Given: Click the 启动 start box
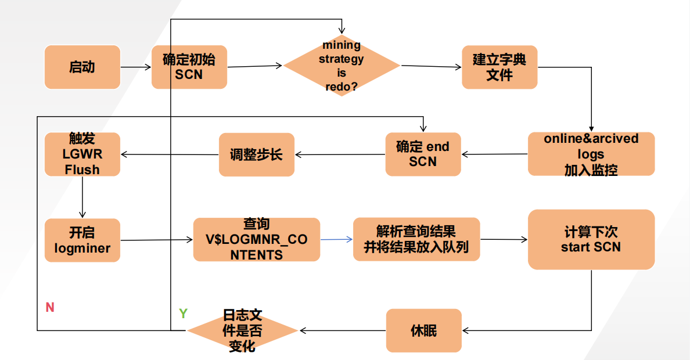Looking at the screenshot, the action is click(82, 67).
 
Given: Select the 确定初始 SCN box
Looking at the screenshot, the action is click(189, 67).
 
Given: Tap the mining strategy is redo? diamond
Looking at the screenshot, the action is click(342, 66).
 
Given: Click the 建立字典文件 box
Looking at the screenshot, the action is click(499, 67).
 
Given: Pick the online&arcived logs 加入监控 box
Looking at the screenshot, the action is click(591, 154).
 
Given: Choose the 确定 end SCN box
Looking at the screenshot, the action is click(423, 154).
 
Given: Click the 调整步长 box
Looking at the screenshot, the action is click(257, 154).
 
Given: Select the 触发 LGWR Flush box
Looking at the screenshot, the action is click(82, 154).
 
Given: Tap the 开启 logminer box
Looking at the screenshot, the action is click(82, 240).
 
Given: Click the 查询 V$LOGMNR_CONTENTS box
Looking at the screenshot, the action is click(257, 239).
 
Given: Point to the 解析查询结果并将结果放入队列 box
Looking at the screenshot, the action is click(416, 239).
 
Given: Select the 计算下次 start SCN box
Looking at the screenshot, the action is click(591, 239).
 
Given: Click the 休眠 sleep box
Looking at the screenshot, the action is click(424, 330).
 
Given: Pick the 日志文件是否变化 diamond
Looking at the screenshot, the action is click(242, 330).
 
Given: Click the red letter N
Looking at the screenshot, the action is click(50, 307).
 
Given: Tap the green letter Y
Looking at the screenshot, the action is click(184, 314).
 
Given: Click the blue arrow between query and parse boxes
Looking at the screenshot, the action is click(337, 239).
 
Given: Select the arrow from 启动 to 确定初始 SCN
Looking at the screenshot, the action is click(136, 67).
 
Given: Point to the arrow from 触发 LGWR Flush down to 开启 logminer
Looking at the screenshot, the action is click(82, 197).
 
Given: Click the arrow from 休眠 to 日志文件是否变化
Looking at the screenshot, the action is click(343, 330).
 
